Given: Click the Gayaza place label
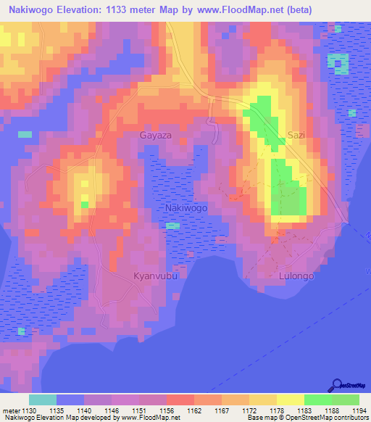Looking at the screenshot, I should (156, 136).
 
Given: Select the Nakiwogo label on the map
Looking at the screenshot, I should (187, 208).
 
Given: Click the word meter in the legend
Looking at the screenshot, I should (12, 410).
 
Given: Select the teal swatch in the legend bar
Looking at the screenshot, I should (43, 400).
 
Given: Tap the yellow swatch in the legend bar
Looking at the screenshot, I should (291, 400).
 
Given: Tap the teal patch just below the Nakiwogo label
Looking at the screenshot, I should (172, 226).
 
